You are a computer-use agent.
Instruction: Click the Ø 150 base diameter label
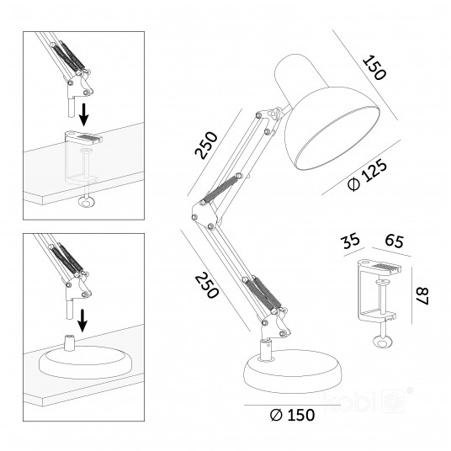[x=292, y=415]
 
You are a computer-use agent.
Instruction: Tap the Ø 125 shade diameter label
[x=368, y=175]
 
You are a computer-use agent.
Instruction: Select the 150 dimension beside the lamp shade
[x=374, y=68]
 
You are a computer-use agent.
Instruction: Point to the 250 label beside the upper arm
[x=206, y=145]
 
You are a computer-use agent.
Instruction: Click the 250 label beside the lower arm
[x=207, y=285]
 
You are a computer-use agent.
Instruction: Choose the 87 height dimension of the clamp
[x=422, y=296]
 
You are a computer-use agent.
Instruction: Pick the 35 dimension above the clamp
[x=350, y=241]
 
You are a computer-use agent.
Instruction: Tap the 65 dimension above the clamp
[x=395, y=241]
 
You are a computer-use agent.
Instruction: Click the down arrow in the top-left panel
[x=83, y=114]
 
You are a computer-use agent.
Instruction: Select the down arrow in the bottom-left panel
[x=82, y=321]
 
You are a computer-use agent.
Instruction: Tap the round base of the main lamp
[x=293, y=372]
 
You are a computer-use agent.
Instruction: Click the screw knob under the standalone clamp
[x=382, y=342]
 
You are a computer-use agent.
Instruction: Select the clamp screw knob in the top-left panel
[x=86, y=202]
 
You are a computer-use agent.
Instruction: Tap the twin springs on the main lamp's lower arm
[x=263, y=293]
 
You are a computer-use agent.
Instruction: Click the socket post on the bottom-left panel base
[x=69, y=342]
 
